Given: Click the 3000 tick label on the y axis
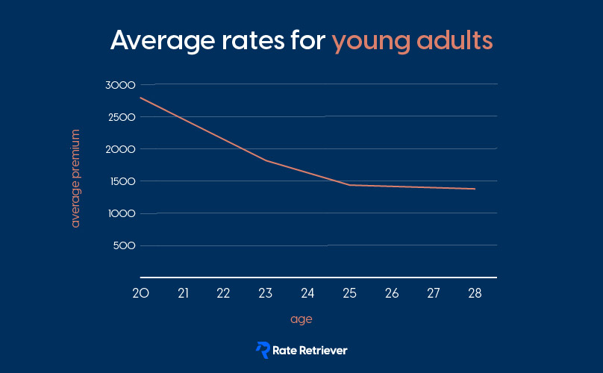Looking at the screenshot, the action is pyautogui.click(x=120, y=85).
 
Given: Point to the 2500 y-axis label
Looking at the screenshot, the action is pyautogui.click(x=122, y=117).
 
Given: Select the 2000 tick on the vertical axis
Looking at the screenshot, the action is pyautogui.click(x=120, y=149).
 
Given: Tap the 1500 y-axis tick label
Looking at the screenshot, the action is pyautogui.click(x=122, y=181).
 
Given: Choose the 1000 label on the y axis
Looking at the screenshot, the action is pyautogui.click(x=122, y=213).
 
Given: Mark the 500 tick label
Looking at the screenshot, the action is pyautogui.click(x=124, y=245).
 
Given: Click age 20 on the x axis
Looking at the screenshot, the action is pyautogui.click(x=141, y=293).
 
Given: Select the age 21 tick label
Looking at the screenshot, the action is pyautogui.click(x=183, y=293).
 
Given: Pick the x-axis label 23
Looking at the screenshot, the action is pyautogui.click(x=266, y=293).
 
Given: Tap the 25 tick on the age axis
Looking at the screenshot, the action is pyautogui.click(x=349, y=293).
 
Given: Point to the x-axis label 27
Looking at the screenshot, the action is pyautogui.click(x=434, y=293).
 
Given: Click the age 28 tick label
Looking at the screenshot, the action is pyautogui.click(x=475, y=293).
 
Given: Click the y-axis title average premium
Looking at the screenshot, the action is pyautogui.click(x=75, y=178).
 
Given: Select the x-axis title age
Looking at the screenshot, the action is pyautogui.click(x=301, y=319).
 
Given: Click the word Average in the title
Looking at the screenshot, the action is pyautogui.click(x=163, y=41).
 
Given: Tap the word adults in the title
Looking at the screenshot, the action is pyautogui.click(x=454, y=40).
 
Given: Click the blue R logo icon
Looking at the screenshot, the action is pyautogui.click(x=263, y=350).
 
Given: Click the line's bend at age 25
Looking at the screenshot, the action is pyautogui.click(x=349, y=185).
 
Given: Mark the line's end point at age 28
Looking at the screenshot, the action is pyautogui.click(x=475, y=189).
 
